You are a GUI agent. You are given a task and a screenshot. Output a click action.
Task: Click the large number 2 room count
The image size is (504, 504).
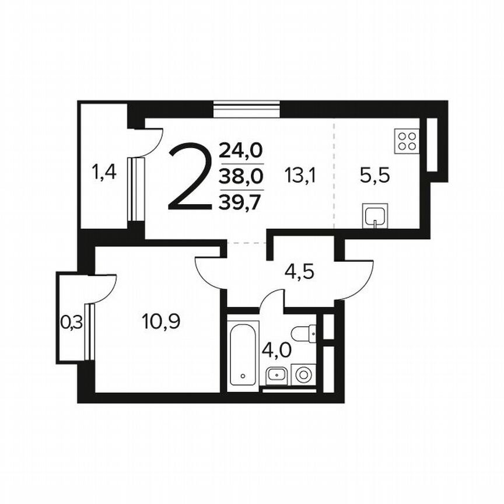click(x=188, y=178)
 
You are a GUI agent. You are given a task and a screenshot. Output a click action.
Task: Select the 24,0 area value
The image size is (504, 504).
click(x=241, y=152)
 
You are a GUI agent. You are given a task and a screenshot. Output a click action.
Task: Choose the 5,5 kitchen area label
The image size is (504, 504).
click(x=374, y=175)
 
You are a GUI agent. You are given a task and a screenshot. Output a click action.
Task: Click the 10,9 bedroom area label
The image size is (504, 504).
click(x=160, y=320)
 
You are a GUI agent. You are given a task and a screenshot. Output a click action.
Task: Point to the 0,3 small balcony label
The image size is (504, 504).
click(x=71, y=321)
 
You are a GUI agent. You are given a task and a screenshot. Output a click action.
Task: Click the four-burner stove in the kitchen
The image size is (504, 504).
click(x=407, y=141)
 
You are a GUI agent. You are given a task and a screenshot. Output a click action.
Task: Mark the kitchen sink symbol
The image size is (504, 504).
click(x=374, y=216)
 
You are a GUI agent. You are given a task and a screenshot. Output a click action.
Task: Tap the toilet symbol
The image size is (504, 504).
click(x=304, y=334)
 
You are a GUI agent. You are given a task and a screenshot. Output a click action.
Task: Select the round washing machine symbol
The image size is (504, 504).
click(x=303, y=374)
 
